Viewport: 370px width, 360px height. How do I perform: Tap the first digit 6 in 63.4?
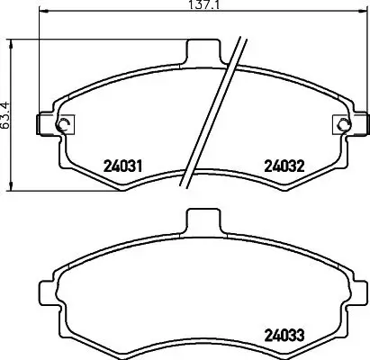[5, 126]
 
